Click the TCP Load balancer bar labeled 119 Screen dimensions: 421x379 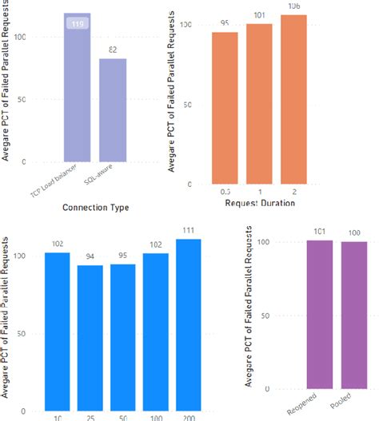[x=77, y=88]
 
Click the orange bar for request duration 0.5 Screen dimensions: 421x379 [x=225, y=108]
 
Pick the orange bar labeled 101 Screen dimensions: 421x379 [x=259, y=104]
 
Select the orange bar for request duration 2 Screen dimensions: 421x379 [x=293, y=100]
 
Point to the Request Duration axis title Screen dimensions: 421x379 [x=259, y=204]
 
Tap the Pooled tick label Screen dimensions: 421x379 [x=348, y=403]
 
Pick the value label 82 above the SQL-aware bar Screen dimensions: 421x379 [x=113, y=50]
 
